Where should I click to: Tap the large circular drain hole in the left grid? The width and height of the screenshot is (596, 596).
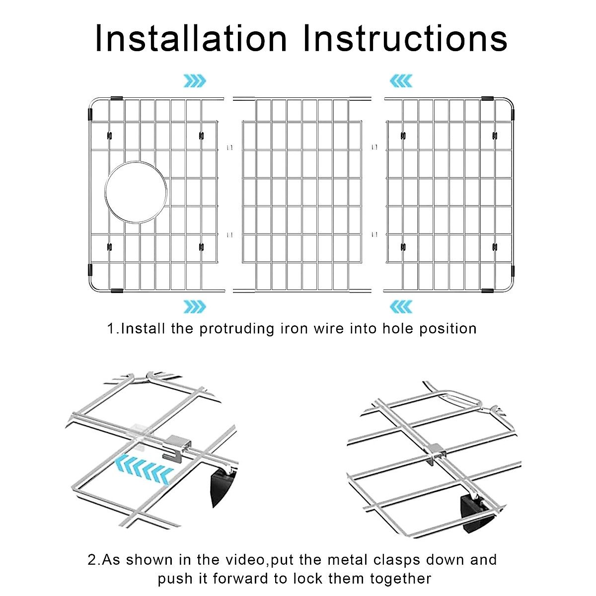pyautogui.click(x=136, y=192)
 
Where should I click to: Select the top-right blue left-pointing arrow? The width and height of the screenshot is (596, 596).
pyautogui.click(x=401, y=80)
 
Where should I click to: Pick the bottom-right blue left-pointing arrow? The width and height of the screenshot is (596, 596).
pyautogui.click(x=401, y=306)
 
